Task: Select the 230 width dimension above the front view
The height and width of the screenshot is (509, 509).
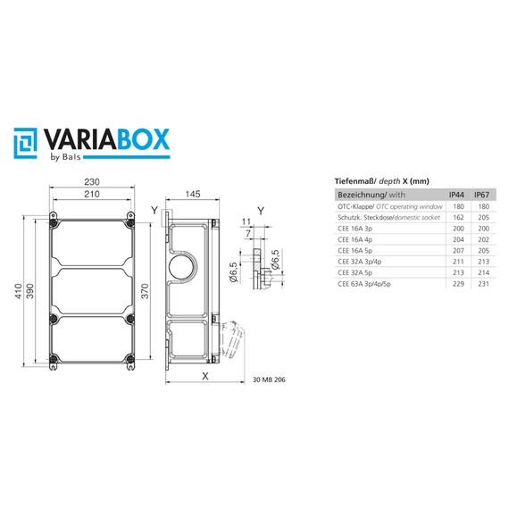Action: [x=93, y=181]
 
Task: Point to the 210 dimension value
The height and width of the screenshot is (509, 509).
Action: [x=93, y=194]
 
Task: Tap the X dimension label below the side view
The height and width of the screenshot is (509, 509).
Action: [x=205, y=376]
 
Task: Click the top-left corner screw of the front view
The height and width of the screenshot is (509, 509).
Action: [x=54, y=217]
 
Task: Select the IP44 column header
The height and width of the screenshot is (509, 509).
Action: [x=455, y=194]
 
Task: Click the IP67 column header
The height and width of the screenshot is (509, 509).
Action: [x=481, y=194]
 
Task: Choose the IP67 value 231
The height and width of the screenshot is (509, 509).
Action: [x=481, y=286]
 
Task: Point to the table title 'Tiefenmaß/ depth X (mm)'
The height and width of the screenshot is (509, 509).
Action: [x=375, y=179]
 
